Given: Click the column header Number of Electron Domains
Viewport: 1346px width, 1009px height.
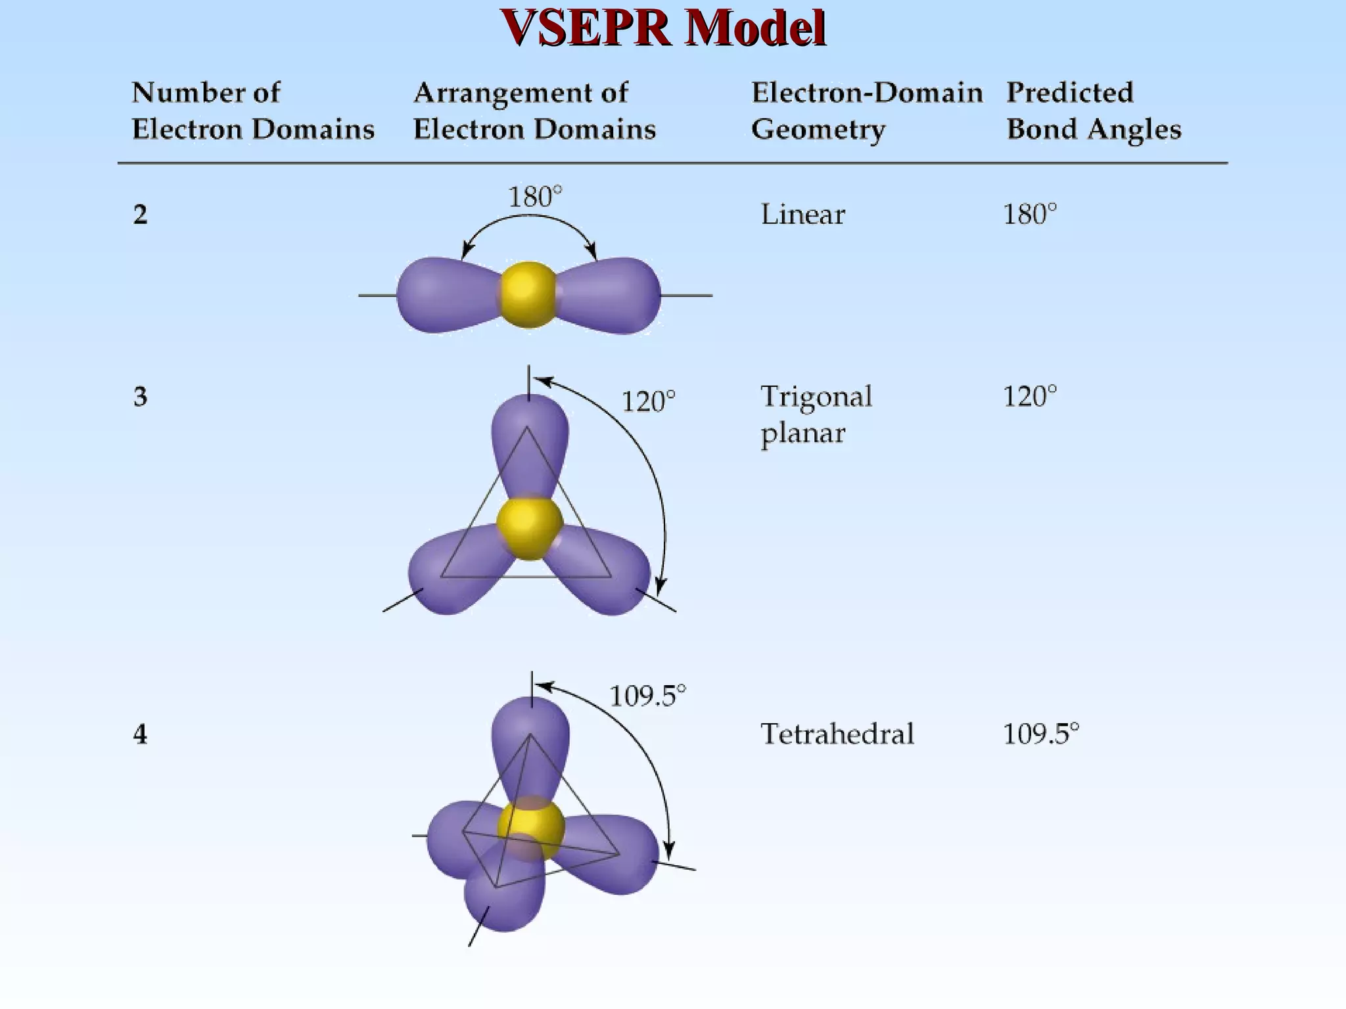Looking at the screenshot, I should pos(253,111).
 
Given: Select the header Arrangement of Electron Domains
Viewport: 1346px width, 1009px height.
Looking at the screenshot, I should pos(534,111).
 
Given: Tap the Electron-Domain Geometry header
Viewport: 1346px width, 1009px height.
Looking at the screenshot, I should pos(866,111).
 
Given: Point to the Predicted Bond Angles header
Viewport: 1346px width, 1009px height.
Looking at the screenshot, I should pos(1094,111).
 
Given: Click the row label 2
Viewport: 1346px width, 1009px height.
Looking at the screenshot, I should pos(140,215).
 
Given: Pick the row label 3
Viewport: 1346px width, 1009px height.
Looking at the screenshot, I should pos(140,397).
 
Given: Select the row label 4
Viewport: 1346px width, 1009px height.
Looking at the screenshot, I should pos(140,734).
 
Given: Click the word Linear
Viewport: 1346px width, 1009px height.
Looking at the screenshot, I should pos(802,215).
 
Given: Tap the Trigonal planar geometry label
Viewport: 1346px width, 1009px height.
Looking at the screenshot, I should pos(816,415).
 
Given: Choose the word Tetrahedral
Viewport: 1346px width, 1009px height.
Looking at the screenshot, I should pos(837,734).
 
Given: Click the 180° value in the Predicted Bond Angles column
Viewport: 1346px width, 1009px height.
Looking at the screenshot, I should pos(1029,215).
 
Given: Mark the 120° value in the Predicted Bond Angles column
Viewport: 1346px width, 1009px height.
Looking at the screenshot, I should pos(1029,397).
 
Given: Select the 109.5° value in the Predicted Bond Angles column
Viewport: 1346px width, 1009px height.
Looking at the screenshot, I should pos(1040,734).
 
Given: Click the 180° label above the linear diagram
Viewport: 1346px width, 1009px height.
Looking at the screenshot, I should pos(535,197).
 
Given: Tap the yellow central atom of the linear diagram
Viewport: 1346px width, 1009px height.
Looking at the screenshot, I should pos(528,294).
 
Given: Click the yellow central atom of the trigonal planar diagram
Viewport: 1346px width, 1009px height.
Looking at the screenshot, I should pos(529,528).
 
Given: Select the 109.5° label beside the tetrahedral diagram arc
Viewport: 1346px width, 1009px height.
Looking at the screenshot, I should pos(647,696).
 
